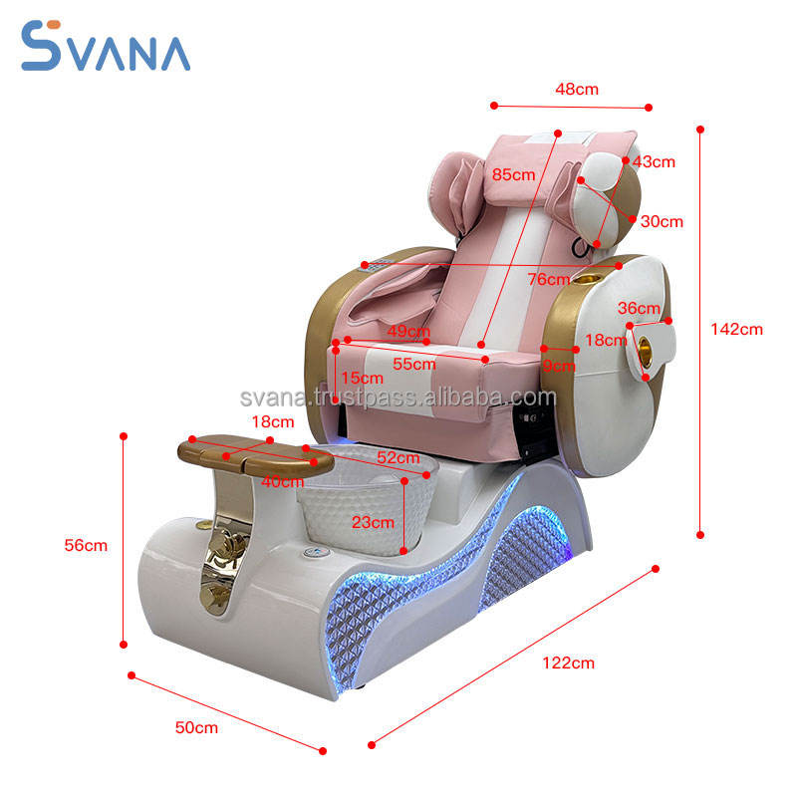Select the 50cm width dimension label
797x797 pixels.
click(x=196, y=727)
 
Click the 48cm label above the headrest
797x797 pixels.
click(x=577, y=89)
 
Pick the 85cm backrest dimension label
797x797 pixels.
click(x=513, y=174)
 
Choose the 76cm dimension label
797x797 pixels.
click(x=549, y=279)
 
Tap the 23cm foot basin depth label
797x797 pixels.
click(x=374, y=521)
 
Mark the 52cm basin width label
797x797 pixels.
click(x=398, y=457)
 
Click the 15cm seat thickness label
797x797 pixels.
click(x=361, y=378)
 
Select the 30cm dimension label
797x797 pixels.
click(x=662, y=221)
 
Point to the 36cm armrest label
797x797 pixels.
click(x=639, y=308)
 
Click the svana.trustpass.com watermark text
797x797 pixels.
click(x=398, y=398)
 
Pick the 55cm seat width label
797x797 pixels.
click(x=414, y=364)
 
